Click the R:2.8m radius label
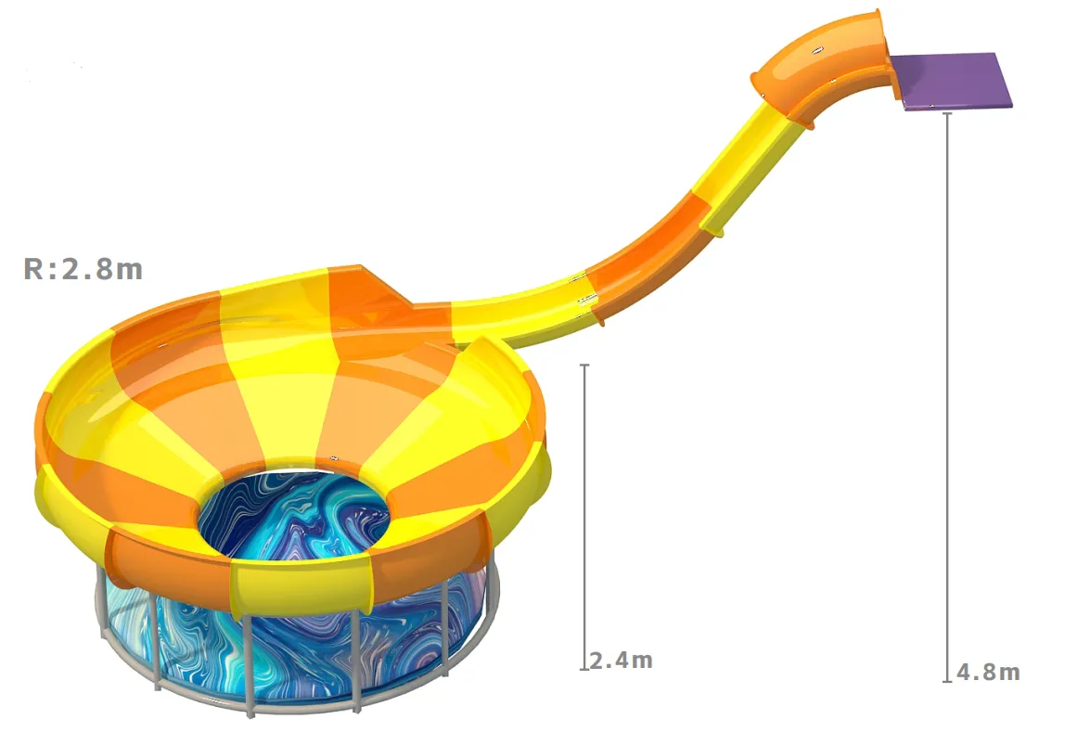click(83, 269)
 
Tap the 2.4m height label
click(622, 660)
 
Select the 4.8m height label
click(989, 673)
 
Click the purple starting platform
click(951, 81)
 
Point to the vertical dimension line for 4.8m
click(947, 396)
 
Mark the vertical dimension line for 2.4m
click(584, 517)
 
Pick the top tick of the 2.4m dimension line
click(584, 365)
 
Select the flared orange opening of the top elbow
click(884, 48)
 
